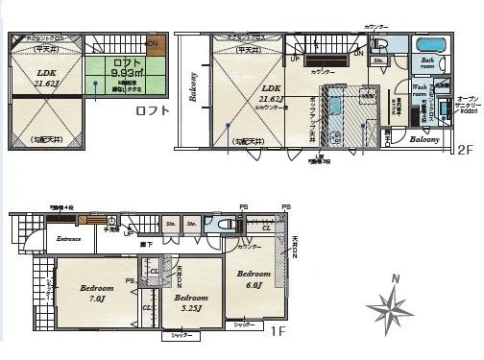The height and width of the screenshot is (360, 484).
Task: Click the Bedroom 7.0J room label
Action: (x=97, y=293)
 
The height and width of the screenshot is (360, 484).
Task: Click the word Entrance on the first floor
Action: (x=67, y=239)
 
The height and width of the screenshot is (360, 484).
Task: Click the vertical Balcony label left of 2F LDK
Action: (x=193, y=87)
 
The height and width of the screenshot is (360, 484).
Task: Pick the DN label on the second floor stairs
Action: (x=357, y=53)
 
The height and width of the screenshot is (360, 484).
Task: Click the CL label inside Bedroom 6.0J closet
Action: (x=265, y=228)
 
